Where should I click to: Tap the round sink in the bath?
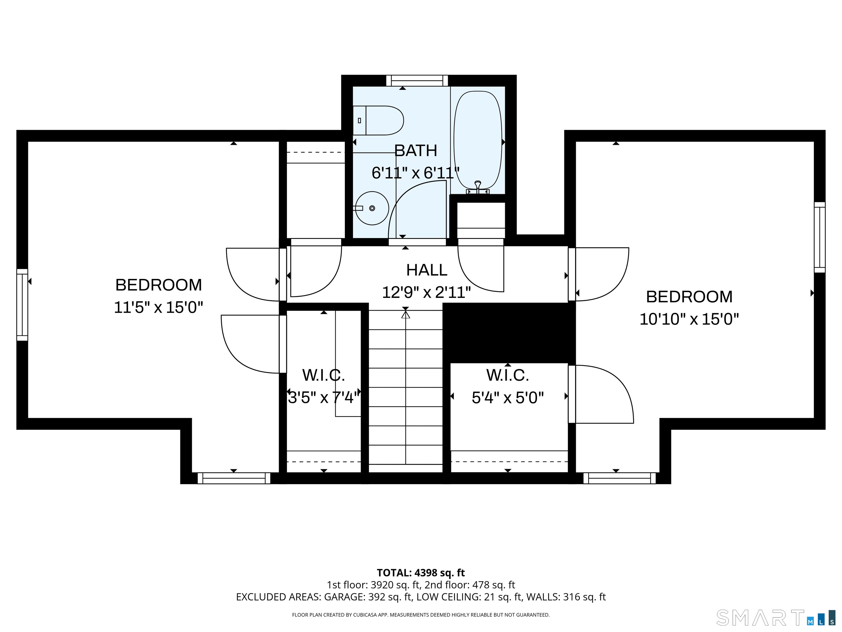[x=372, y=208]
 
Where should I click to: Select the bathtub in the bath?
[x=478, y=141]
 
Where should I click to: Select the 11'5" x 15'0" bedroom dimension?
[x=158, y=307]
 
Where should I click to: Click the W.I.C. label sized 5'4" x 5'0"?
[x=507, y=375]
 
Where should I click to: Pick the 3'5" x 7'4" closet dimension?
[x=323, y=398]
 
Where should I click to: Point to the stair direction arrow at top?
[x=405, y=315]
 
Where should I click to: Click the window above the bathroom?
[x=417, y=81]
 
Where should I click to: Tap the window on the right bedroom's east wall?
[x=820, y=237]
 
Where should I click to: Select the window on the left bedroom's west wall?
[x=22, y=304]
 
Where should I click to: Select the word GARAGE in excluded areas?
[x=344, y=597]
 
